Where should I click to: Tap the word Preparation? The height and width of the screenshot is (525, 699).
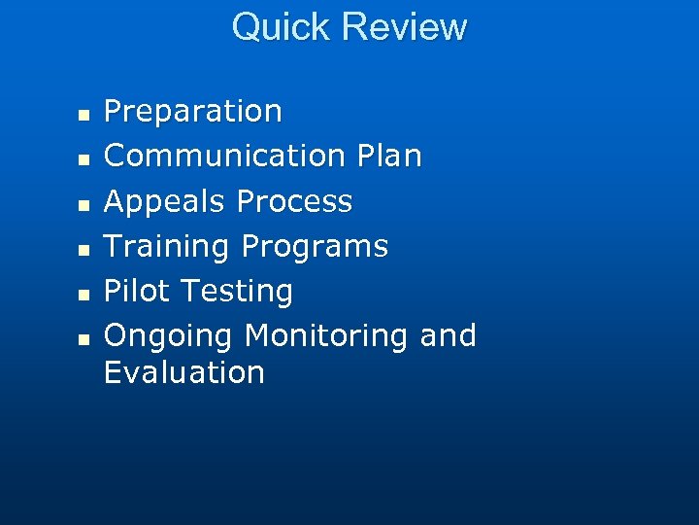(192, 112)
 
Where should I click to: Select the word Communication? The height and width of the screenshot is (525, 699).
(224, 156)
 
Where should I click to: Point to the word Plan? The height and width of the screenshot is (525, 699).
(388, 156)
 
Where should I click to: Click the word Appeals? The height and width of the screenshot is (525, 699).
(165, 201)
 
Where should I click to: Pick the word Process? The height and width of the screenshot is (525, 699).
(294, 201)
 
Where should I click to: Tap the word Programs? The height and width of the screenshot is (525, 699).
(315, 247)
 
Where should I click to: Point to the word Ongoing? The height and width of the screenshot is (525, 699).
(168, 336)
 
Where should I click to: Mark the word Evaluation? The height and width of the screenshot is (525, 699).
(183, 372)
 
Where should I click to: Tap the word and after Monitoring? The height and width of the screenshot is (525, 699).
(448, 335)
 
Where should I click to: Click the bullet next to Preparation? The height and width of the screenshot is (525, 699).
(83, 115)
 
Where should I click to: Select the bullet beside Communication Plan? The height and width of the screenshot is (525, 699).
(83, 158)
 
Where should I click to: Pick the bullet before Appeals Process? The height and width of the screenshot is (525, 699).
(83, 204)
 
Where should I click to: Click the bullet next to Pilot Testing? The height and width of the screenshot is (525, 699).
(83, 294)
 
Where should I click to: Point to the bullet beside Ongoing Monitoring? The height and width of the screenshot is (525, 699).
(83, 339)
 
